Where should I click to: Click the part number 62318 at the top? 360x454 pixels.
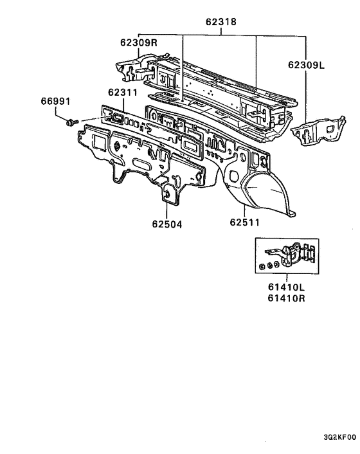(221, 22)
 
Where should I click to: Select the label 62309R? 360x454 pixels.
(139, 43)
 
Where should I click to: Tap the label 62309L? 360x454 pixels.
(306, 65)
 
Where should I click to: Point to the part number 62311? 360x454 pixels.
(123, 93)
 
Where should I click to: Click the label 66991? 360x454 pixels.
(55, 102)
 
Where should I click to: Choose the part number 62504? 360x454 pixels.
(167, 224)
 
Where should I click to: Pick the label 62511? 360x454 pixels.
(245, 222)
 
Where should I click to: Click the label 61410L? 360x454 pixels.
(286, 287)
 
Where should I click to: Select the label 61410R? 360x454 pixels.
(286, 298)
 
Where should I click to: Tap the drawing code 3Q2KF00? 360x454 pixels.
(339, 437)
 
